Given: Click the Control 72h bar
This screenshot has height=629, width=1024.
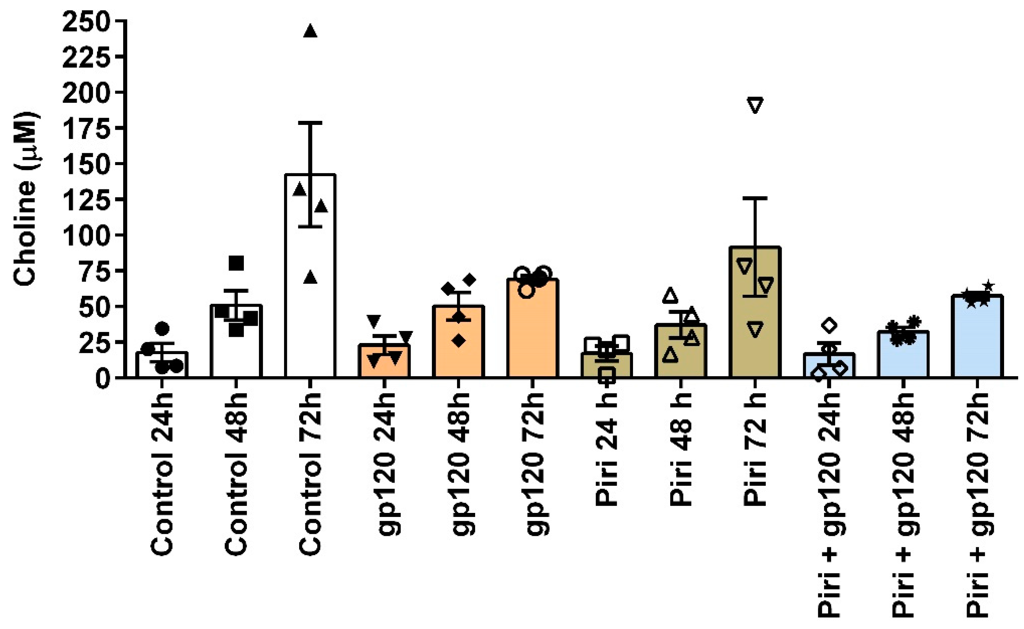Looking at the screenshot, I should [x=310, y=291].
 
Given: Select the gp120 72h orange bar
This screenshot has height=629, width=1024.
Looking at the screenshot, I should [x=533, y=333].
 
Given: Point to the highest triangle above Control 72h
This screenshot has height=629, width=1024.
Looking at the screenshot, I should [x=310, y=31].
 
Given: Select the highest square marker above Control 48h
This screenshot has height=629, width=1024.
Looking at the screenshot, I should [x=236, y=263].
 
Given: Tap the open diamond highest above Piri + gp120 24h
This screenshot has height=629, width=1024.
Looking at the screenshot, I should [x=829, y=325].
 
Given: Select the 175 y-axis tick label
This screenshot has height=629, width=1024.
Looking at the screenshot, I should [x=86, y=128].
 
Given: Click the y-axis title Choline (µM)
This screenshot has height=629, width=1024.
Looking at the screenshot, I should [x=26, y=199].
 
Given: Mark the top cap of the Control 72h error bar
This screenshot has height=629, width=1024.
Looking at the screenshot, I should [x=310, y=123].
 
